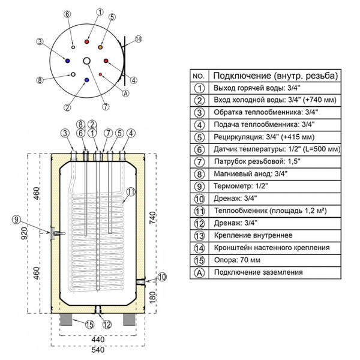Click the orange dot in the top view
(101, 46)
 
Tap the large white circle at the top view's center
(88, 61)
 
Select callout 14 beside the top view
(139, 39)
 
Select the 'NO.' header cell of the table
(199, 76)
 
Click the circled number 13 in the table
(199, 235)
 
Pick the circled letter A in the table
(199, 272)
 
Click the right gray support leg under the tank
(130, 319)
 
